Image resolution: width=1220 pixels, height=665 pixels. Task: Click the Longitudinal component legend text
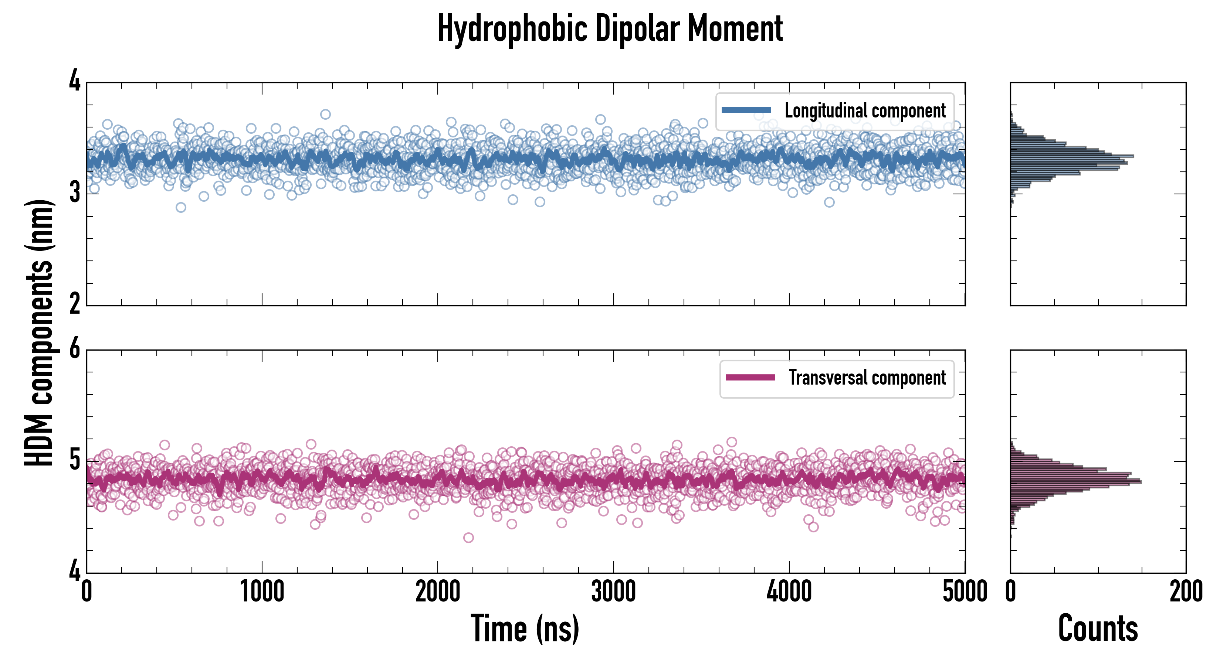[865, 111]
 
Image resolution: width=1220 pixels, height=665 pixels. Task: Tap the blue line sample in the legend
[746, 110]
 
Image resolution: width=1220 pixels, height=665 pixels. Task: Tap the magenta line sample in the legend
[750, 378]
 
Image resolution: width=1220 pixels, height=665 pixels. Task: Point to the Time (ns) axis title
[525, 628]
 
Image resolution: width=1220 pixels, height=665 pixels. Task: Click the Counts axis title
[1098, 628]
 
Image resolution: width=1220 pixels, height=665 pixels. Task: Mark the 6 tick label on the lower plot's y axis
[75, 350]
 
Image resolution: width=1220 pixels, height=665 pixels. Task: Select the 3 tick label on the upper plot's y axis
[75, 193]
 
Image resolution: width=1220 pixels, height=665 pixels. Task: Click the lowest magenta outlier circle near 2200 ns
[468, 538]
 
